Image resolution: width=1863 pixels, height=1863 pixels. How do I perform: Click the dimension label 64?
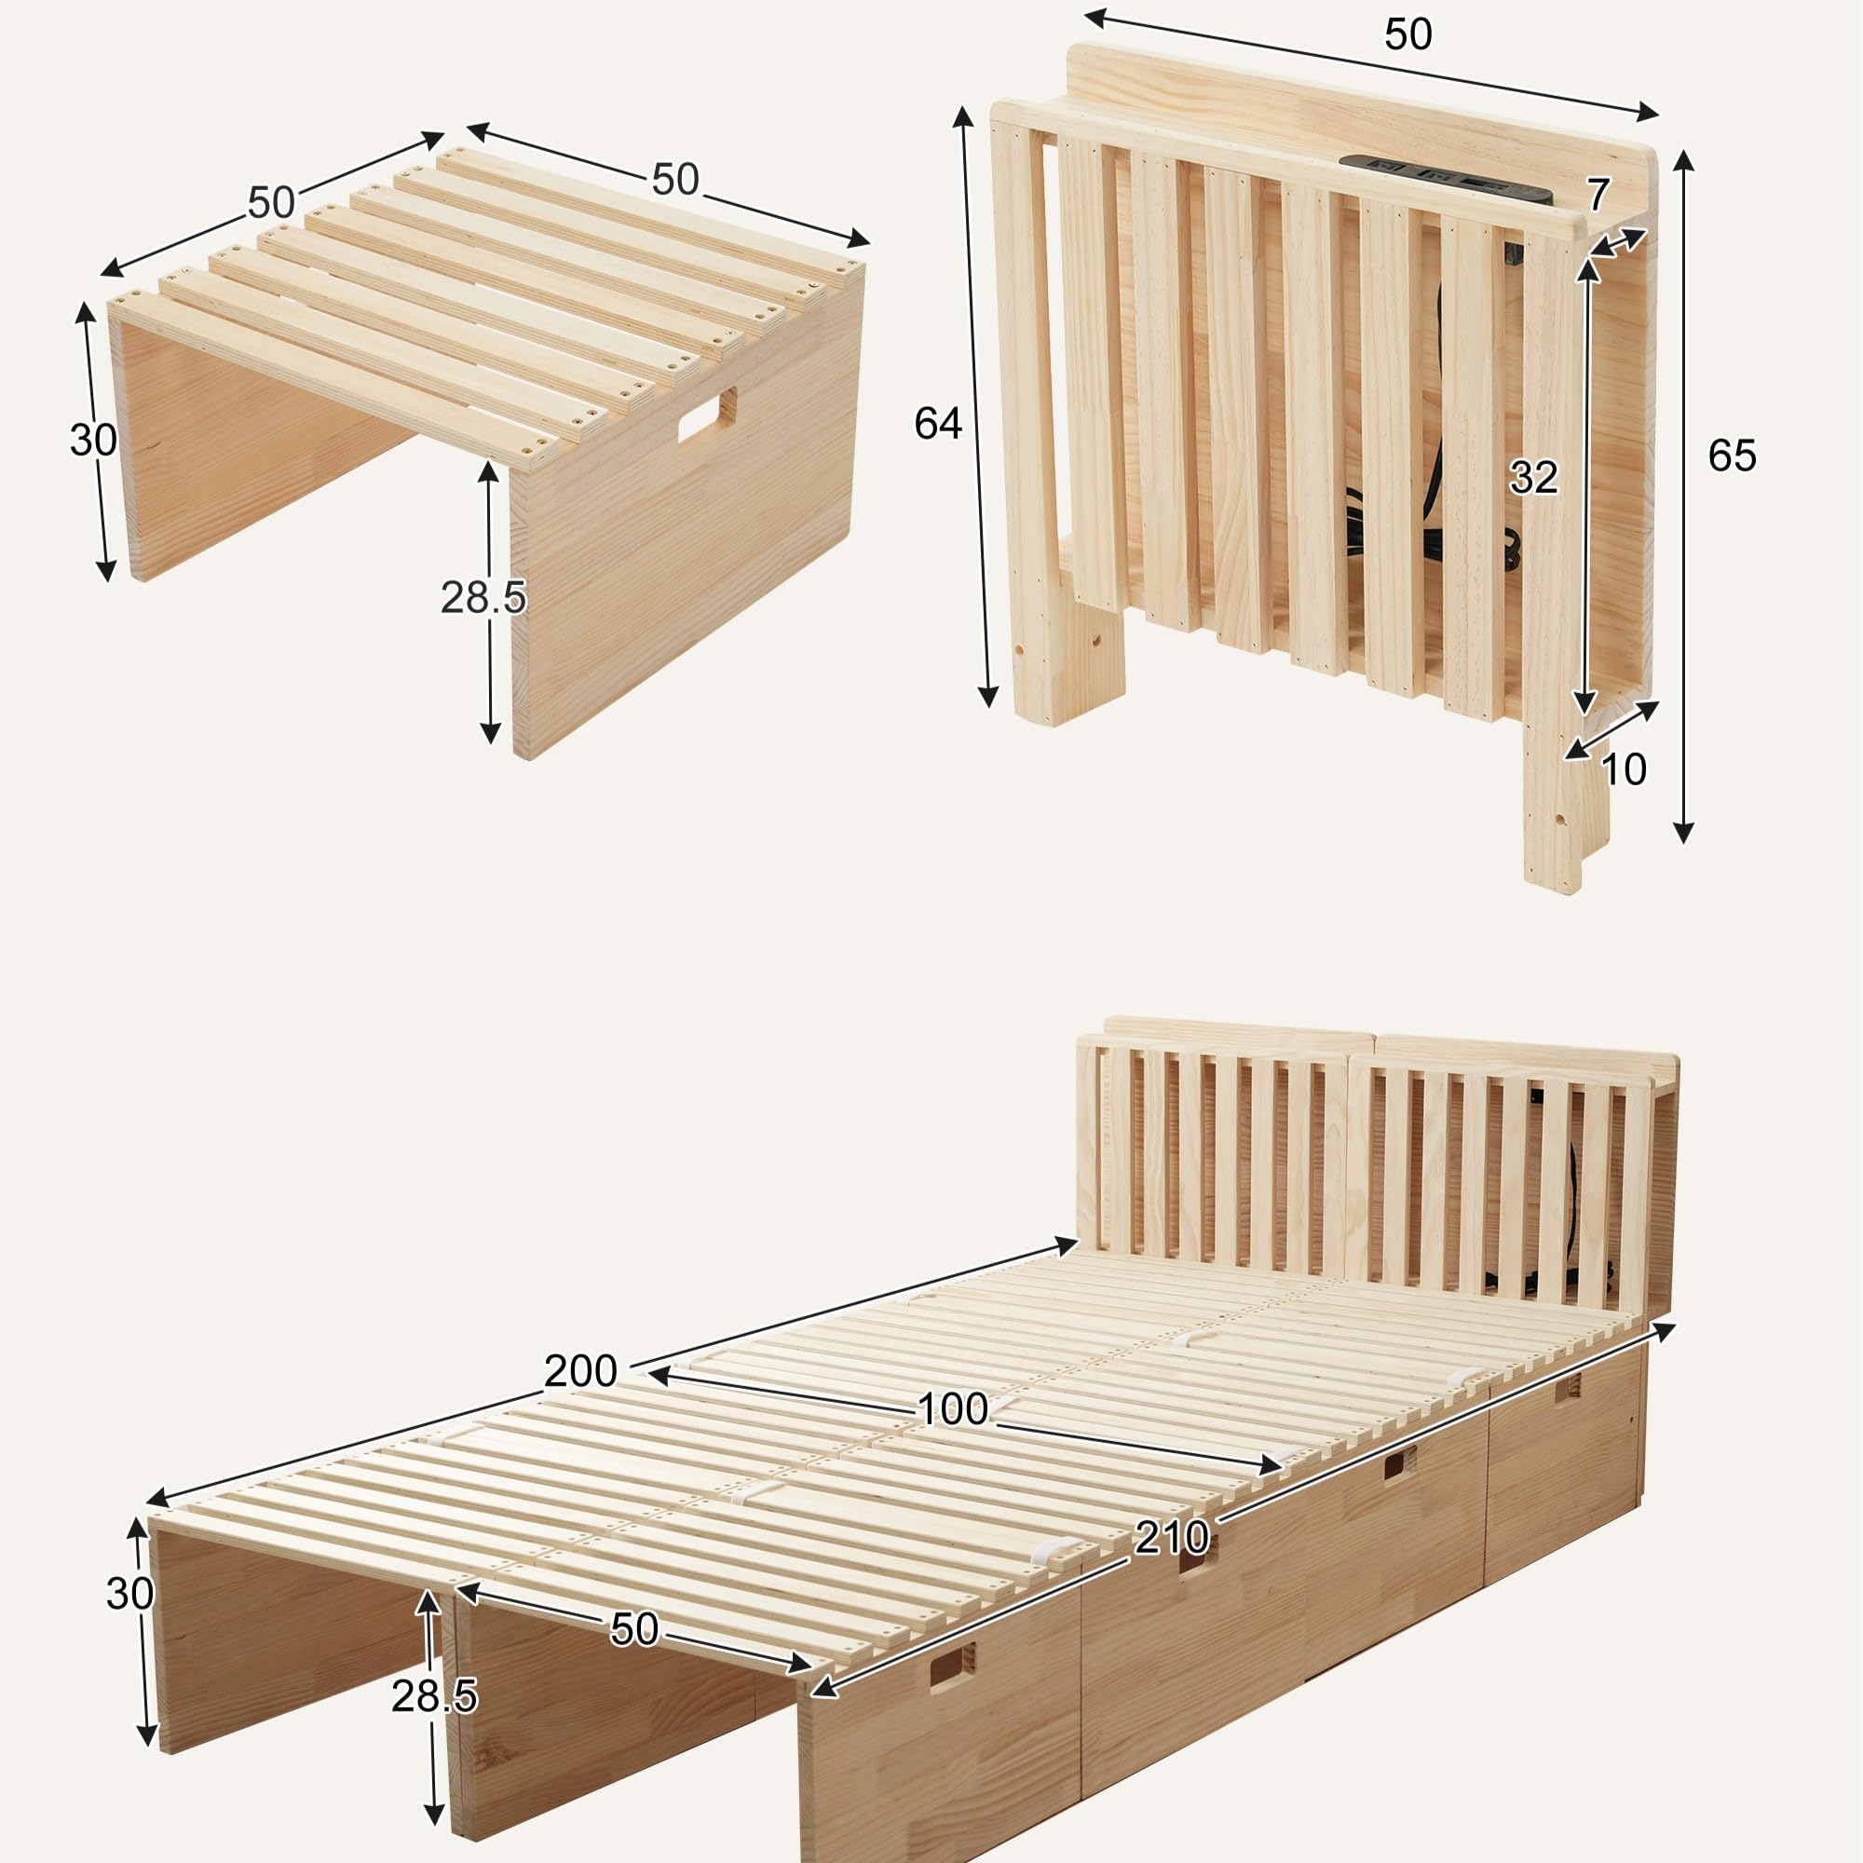click(x=937, y=423)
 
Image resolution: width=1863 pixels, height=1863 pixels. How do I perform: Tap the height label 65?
click(x=1732, y=456)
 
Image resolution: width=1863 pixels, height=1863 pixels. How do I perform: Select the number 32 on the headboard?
click(x=1533, y=477)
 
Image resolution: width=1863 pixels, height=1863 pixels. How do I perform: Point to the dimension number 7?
click(x=1598, y=195)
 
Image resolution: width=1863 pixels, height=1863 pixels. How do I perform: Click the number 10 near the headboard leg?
click(x=1624, y=769)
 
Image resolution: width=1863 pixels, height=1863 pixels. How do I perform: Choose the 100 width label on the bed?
click(x=953, y=1409)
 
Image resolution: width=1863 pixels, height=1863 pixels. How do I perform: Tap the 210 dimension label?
click(x=1172, y=1537)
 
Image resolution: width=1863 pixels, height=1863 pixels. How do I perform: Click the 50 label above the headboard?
click(x=1407, y=34)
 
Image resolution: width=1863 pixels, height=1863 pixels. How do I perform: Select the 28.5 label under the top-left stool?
click(x=483, y=598)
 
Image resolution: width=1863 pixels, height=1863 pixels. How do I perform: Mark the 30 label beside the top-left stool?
click(x=93, y=440)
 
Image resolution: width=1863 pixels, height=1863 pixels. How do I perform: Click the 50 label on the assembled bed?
click(x=634, y=1628)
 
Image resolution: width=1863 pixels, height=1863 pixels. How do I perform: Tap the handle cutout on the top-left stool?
click(x=707, y=415)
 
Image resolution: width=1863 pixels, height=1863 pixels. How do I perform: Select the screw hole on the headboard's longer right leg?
click(x=1559, y=821)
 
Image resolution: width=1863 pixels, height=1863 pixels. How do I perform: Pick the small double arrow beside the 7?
click(x=1617, y=242)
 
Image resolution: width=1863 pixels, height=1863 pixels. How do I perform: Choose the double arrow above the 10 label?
click(x=1611, y=730)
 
